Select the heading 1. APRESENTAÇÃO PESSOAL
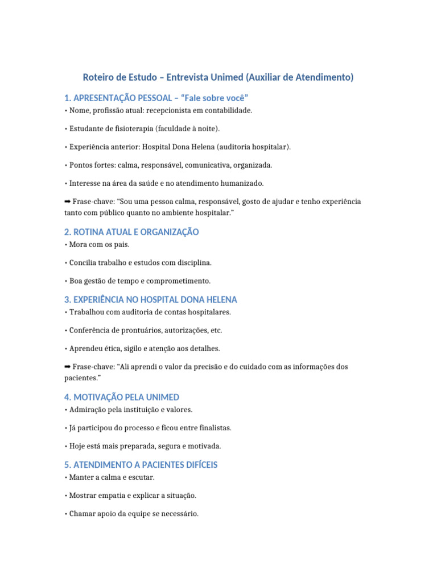(156, 98)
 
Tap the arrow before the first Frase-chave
(68, 202)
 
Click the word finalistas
(211, 427)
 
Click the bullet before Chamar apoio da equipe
(66, 514)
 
